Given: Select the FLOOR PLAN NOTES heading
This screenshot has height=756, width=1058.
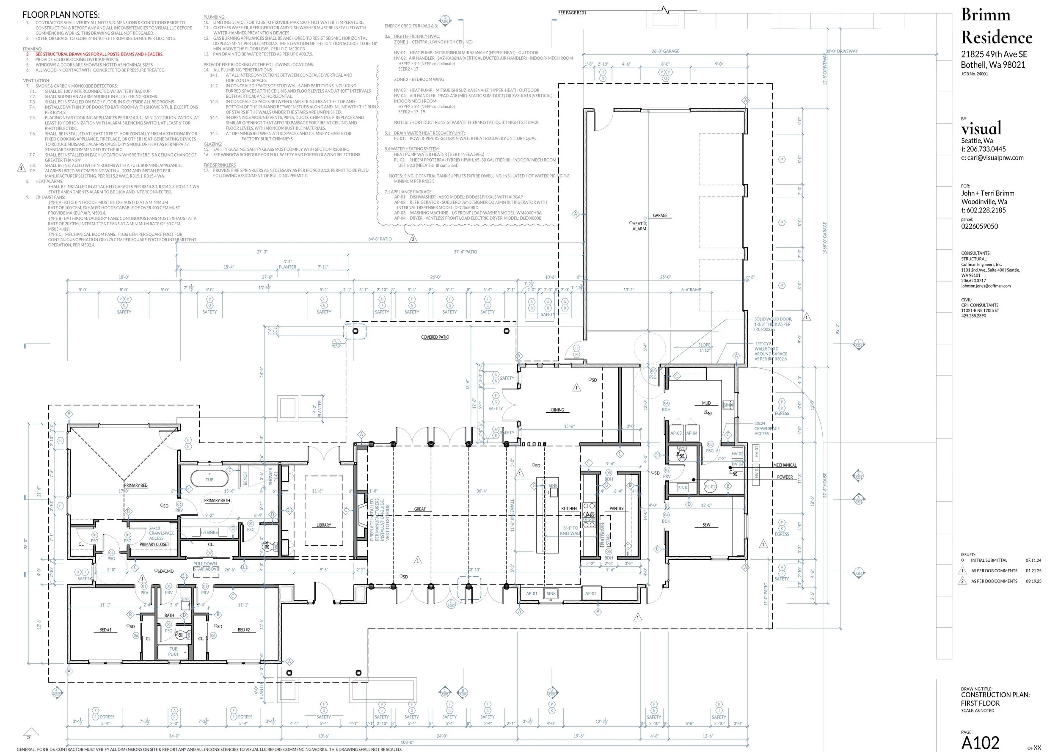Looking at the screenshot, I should tap(61, 15).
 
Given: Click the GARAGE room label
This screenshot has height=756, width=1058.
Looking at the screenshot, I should tap(660, 215).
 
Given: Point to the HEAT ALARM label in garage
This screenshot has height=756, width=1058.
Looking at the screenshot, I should tap(639, 226).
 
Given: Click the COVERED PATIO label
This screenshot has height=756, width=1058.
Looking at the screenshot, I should tap(435, 337).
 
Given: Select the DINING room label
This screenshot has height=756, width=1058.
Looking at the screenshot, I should tap(557, 410).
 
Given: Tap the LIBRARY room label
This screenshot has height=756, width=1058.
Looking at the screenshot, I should tap(323, 525).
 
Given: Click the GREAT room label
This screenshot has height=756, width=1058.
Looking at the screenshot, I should tap(419, 509).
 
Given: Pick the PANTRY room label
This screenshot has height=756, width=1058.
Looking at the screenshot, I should tap(616, 509).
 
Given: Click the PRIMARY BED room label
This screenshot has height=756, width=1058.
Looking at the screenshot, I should tap(135, 485).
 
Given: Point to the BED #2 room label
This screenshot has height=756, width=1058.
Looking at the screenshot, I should tap(243, 630).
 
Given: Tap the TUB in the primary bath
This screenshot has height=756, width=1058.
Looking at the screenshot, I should tap(209, 480).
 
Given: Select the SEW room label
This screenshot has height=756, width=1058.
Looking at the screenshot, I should tap(706, 524).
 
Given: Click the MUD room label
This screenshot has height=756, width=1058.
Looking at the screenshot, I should tap(706, 403).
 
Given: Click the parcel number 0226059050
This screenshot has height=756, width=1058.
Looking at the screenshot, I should tap(979, 226).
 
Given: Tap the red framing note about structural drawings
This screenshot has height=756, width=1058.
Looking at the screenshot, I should tap(99, 54).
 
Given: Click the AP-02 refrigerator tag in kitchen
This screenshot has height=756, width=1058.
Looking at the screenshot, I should tap(591, 593).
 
